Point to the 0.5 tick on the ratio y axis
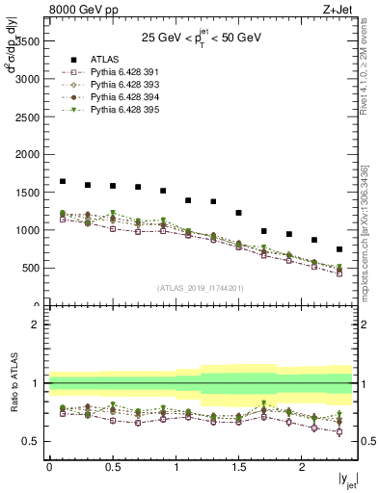click(32, 441)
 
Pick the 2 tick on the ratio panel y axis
click(37, 324)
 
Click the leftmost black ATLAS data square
click(63, 181)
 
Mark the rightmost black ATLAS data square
click(338, 249)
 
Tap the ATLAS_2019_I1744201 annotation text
click(201, 288)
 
